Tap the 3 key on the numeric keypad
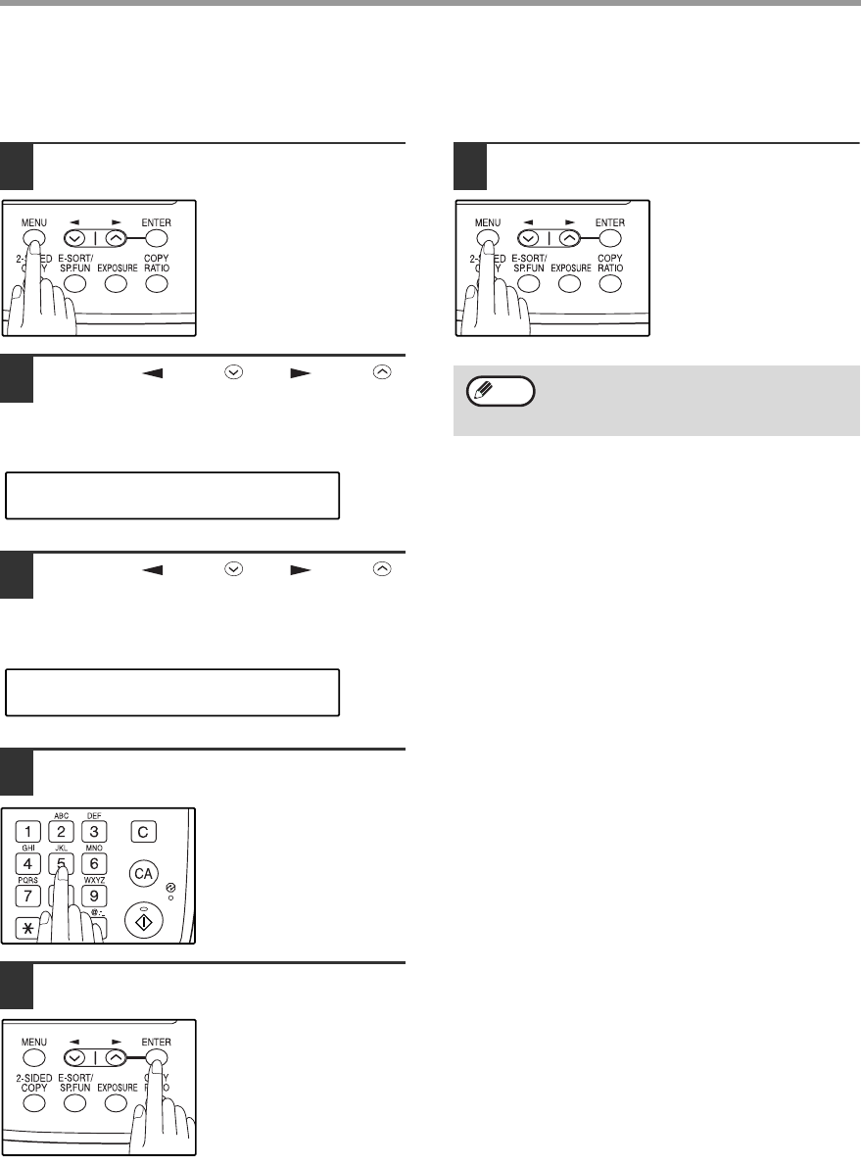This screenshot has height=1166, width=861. coord(94,831)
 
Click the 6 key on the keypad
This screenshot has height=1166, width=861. coord(94,864)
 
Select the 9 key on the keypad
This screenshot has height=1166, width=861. coord(94,897)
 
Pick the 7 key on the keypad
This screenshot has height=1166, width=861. coord(28,897)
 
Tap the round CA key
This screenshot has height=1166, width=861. coord(143,873)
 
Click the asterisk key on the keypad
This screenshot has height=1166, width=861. coord(28,929)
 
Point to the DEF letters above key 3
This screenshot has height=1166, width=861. coord(94,816)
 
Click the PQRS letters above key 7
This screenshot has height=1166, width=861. coord(28,881)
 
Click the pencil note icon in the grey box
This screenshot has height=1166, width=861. coord(501,391)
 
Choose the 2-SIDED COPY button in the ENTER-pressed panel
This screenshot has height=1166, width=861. coord(34,1103)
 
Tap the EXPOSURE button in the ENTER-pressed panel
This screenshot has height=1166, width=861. coord(116,1103)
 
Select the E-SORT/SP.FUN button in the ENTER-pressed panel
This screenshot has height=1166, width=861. coord(75,1103)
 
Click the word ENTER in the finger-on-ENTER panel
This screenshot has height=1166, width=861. coord(156,1042)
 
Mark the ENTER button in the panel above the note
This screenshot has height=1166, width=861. coord(609,239)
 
